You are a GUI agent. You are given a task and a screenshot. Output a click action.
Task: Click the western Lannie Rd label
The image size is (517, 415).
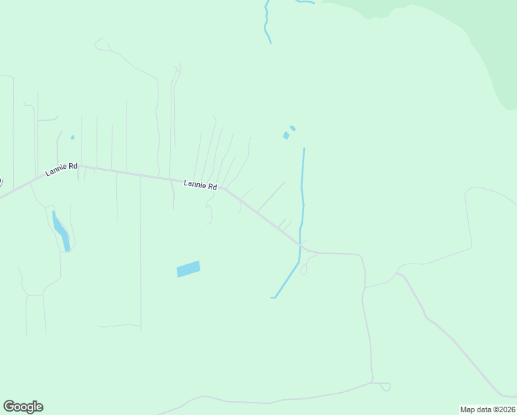(x=62, y=169)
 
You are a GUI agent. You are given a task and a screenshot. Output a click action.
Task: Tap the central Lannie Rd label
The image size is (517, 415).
(x=200, y=185)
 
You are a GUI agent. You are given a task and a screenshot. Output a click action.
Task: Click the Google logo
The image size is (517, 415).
(x=23, y=407)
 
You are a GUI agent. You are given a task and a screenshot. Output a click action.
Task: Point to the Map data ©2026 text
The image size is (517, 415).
(x=487, y=409)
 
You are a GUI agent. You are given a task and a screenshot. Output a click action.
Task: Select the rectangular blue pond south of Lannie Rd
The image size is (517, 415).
(x=188, y=269)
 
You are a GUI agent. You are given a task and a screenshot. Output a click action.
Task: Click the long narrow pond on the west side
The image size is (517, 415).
(x=60, y=231)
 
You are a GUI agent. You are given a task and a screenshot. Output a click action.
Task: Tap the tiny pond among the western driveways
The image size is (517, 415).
(x=73, y=137)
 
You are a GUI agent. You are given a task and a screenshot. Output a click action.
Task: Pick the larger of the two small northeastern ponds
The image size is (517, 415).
(x=286, y=136)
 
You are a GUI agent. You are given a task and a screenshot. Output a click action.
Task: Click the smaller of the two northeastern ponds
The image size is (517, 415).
(x=292, y=128)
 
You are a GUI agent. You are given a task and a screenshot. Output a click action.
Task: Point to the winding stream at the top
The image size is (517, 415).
(x=266, y=21)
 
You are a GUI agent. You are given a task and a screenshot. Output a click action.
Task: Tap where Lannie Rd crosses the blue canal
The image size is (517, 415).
(x=300, y=244)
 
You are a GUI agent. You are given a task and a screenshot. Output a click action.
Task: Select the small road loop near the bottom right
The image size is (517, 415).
(x=382, y=386)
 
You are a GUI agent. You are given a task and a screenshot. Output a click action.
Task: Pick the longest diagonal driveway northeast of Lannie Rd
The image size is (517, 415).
(x=271, y=196)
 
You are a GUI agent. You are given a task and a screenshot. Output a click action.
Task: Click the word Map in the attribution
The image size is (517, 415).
(x=468, y=409)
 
